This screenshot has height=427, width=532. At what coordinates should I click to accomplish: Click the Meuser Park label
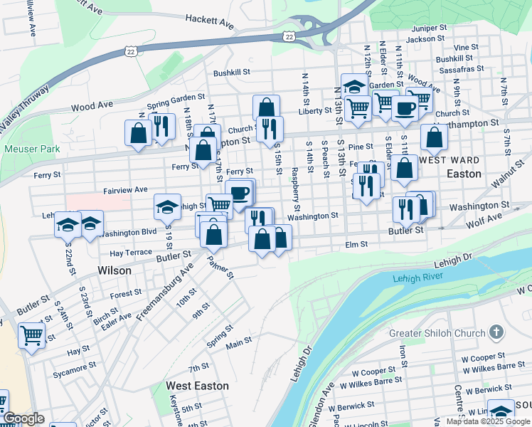click(32, 149)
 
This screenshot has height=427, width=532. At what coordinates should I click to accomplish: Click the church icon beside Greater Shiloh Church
click(496, 332)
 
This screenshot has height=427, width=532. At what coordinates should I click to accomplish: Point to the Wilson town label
click(115, 270)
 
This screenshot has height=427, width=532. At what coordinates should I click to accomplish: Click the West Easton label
click(197, 386)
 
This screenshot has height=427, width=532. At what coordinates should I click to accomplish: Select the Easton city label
click(464, 174)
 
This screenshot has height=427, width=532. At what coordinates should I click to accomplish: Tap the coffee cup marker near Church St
click(405, 108)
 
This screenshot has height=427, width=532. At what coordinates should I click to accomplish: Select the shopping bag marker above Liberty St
click(266, 107)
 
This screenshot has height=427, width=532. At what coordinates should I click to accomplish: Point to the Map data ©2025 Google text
click(488, 421)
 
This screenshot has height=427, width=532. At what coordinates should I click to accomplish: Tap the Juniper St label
click(428, 28)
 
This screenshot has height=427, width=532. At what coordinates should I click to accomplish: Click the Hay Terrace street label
click(130, 253)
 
